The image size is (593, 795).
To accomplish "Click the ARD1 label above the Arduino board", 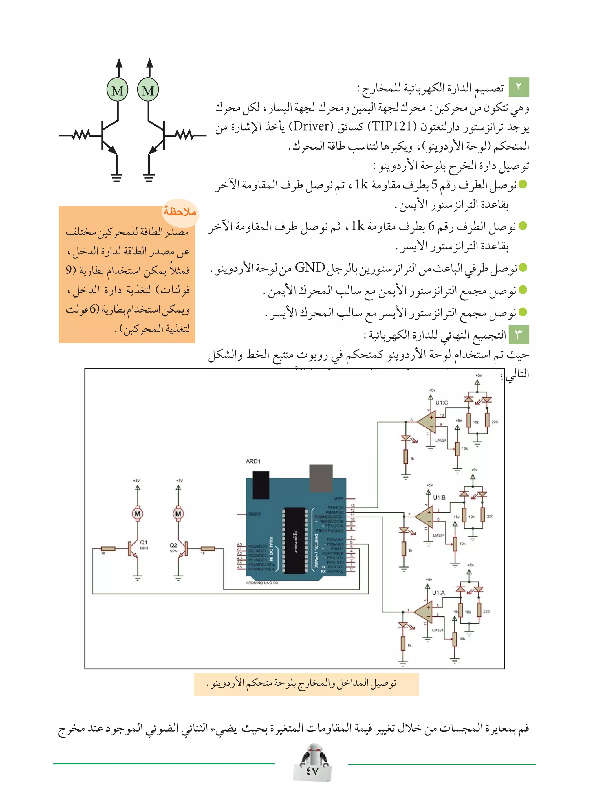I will pyautogui.click(x=253, y=461).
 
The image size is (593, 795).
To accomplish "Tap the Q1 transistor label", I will pyautogui.click(x=144, y=542).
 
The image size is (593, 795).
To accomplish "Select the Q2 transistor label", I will pyautogui.click(x=173, y=545).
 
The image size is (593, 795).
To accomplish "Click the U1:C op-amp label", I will pyautogui.click(x=442, y=403).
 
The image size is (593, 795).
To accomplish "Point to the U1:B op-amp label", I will pyautogui.click(x=439, y=497).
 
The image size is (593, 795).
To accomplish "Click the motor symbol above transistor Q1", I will pyautogui.click(x=137, y=513).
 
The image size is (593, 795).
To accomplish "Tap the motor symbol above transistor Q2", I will pyautogui.click(x=178, y=513).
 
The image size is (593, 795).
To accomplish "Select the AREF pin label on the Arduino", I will pyautogui.click(x=338, y=499).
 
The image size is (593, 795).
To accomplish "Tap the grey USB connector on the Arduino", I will pyautogui.click(x=321, y=476).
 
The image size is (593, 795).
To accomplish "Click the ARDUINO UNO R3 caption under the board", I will pyautogui.click(x=262, y=583).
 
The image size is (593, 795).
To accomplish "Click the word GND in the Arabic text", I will pyautogui.click(x=310, y=268).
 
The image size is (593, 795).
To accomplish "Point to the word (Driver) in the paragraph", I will pyautogui.click(x=311, y=126).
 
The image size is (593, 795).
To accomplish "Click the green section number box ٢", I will pyautogui.click(x=519, y=87).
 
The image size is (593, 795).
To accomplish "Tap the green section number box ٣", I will pyautogui.click(x=519, y=334).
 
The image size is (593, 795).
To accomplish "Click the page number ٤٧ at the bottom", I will pyautogui.click(x=312, y=771).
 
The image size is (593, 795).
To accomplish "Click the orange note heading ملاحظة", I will pyautogui.click(x=180, y=212).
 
